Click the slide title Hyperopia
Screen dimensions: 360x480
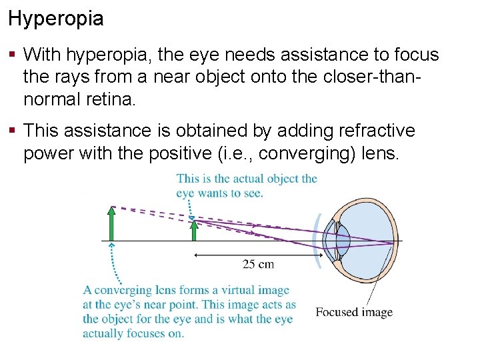pyautogui.click(x=56, y=18)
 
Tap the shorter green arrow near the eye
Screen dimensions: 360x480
pyautogui.click(x=194, y=230)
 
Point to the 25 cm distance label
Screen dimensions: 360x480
pyautogui.click(x=258, y=265)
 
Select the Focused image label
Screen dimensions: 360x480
pyautogui.click(x=354, y=312)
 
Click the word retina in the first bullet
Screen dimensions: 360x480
pyautogui.click(x=111, y=100)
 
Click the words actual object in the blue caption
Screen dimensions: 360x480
pyautogui.click(x=261, y=179)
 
